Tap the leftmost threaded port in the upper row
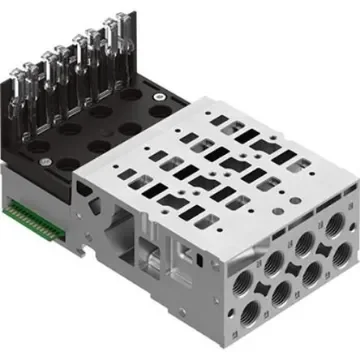[x=244, y=263]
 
